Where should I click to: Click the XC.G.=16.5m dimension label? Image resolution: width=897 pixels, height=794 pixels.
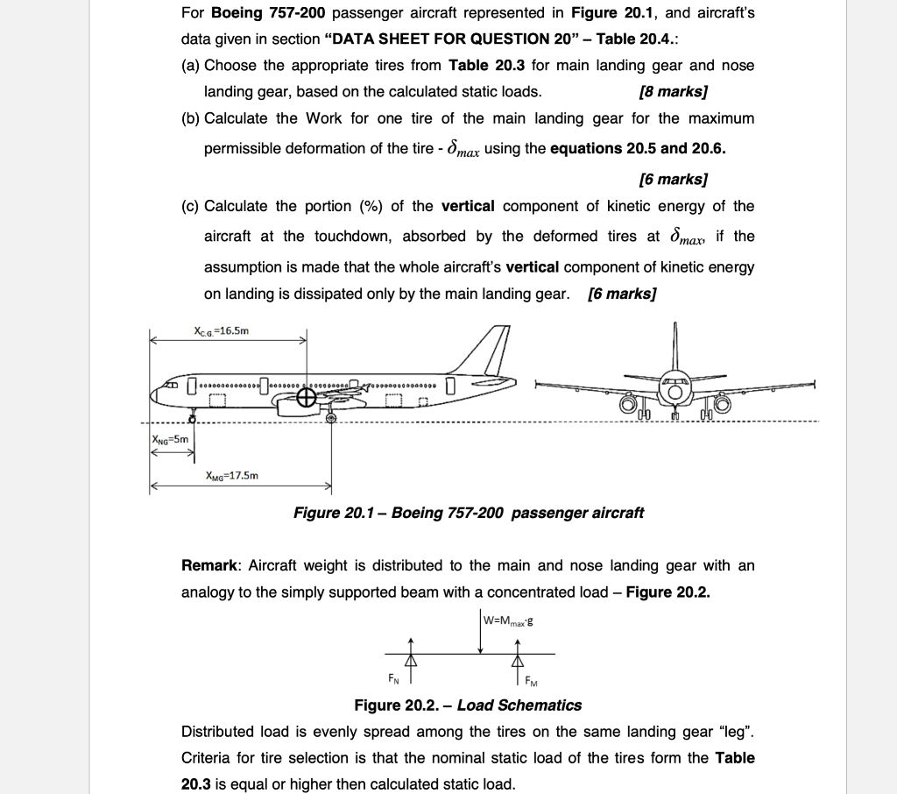pos(221,331)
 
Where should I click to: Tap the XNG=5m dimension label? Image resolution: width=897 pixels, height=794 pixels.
pos(170,440)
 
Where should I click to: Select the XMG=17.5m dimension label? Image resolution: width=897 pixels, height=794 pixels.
pos(231,476)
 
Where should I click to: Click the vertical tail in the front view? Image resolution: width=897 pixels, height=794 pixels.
pos(675,346)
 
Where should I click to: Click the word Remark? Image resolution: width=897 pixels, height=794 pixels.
pos(210,566)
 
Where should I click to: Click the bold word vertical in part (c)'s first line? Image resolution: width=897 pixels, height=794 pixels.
pos(468,206)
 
